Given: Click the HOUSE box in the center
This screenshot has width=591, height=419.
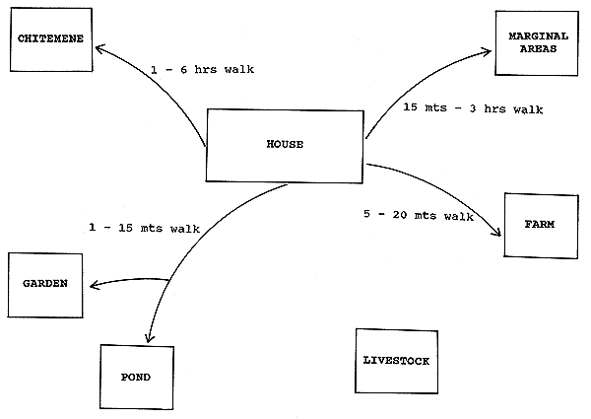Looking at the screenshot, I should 285,146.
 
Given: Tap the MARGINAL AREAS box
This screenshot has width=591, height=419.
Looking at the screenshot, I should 532,42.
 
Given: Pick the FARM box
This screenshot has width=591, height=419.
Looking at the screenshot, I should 540,225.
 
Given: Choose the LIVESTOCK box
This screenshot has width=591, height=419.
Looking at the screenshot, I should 391,362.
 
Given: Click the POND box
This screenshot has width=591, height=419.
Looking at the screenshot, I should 137,375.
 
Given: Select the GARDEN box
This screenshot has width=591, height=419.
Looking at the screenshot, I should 46,284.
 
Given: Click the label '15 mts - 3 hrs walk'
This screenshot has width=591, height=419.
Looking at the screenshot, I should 474,108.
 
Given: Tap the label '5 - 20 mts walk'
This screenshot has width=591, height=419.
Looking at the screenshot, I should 411,213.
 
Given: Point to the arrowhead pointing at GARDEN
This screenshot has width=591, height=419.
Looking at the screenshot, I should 93,287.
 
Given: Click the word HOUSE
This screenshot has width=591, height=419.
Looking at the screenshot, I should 285,146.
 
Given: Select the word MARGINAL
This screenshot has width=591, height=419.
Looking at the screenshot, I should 532,35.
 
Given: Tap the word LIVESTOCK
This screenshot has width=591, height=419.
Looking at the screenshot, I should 391,362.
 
